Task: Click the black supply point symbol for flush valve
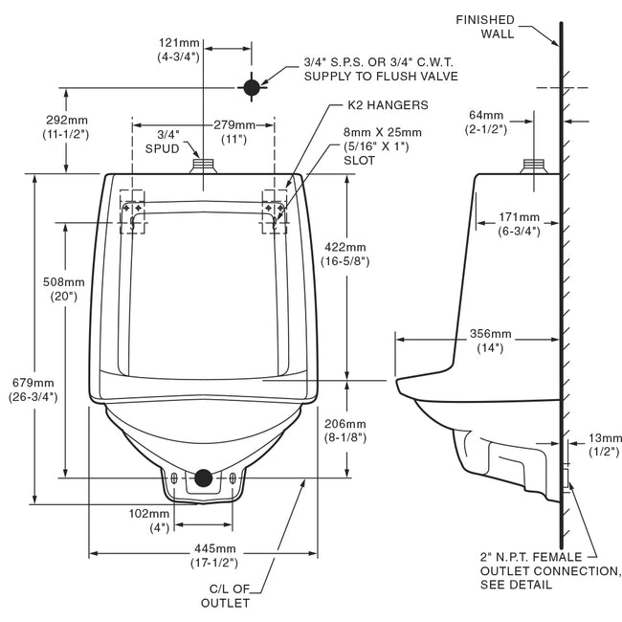click(x=252, y=88)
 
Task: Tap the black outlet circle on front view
click(x=203, y=478)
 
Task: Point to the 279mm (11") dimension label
click(x=234, y=132)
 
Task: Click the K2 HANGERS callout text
click(x=381, y=104)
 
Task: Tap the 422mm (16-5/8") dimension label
click(x=343, y=254)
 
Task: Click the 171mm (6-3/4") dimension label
click(x=517, y=224)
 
